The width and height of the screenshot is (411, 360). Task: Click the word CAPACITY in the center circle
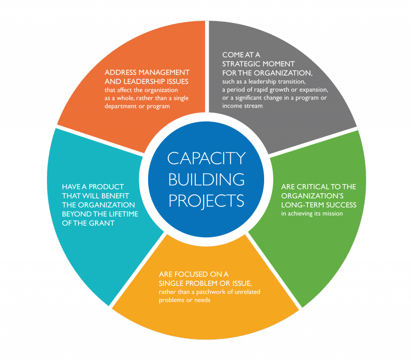pyautogui.click(x=206, y=158)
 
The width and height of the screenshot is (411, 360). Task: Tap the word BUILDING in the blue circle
pyautogui.click(x=206, y=179)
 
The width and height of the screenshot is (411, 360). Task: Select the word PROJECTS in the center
pyautogui.click(x=206, y=200)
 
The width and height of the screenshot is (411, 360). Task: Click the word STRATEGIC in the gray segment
pyautogui.click(x=241, y=64)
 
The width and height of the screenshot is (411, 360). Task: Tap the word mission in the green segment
pyautogui.click(x=331, y=214)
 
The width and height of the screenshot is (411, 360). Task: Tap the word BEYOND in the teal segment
pyautogui.click(x=76, y=214)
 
